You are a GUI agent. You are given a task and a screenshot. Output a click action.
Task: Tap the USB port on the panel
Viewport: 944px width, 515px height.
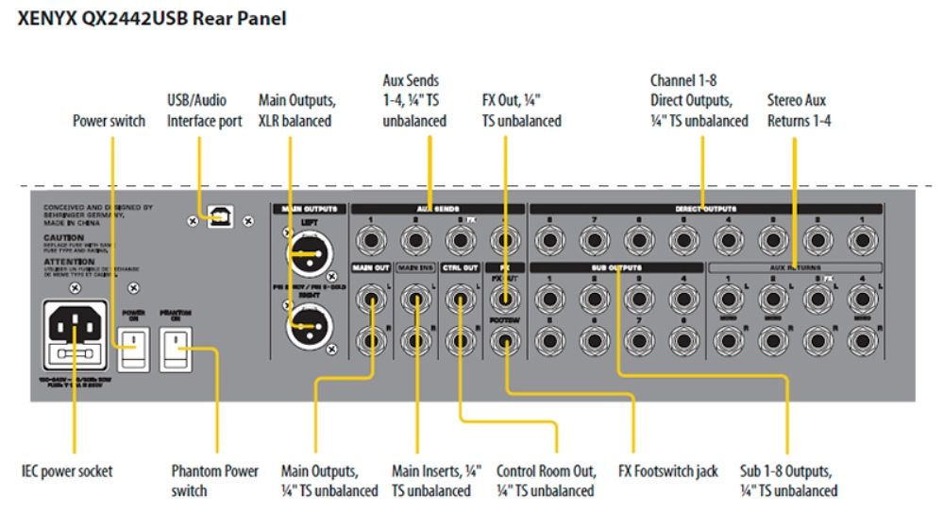[220, 216]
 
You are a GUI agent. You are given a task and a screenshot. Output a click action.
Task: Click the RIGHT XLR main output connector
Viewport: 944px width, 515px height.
[308, 328]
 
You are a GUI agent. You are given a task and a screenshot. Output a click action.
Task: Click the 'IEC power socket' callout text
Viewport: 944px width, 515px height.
[67, 470]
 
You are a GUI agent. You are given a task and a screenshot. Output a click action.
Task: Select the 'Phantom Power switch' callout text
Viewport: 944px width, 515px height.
[214, 480]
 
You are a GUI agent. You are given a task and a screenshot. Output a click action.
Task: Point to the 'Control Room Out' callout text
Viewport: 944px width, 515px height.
[545, 480]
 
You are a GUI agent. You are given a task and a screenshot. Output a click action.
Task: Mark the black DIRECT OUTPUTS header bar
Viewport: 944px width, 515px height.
[706, 207]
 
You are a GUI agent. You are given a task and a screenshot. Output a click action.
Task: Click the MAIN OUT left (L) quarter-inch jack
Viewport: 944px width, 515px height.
[371, 301]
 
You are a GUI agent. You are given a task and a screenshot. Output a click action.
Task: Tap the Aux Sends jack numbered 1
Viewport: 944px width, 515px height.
[371, 241]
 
